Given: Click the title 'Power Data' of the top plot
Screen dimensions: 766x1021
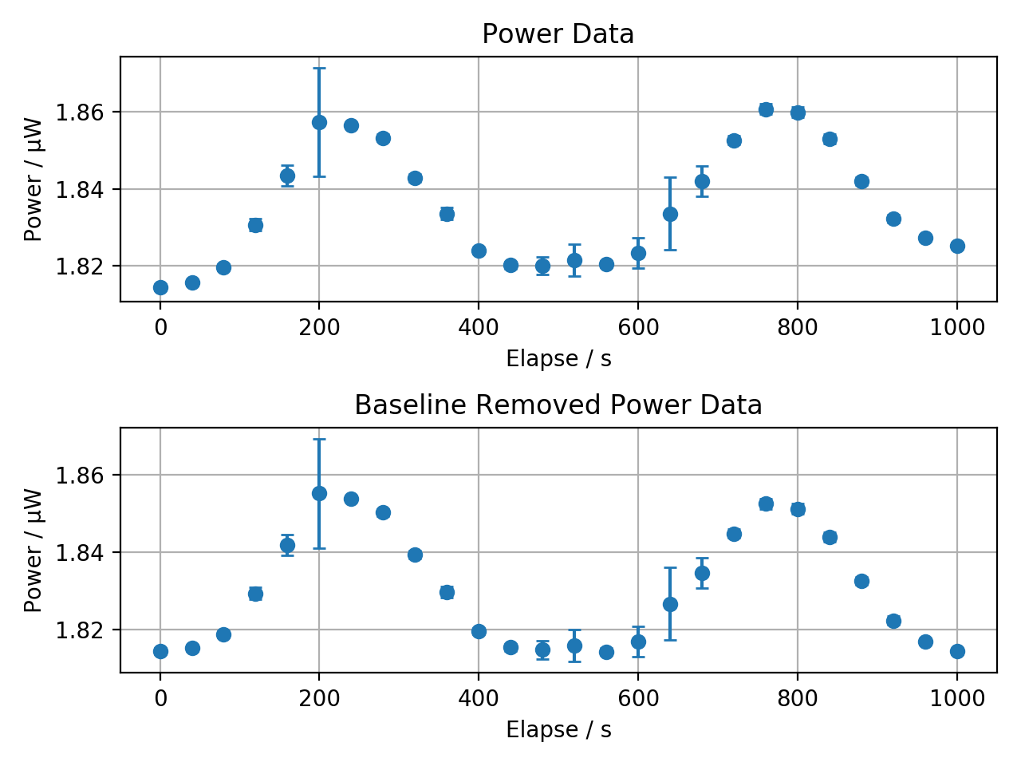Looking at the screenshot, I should [x=558, y=34].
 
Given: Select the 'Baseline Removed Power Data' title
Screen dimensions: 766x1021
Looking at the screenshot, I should [x=558, y=405].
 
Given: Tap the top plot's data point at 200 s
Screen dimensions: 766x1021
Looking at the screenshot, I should [x=319, y=122].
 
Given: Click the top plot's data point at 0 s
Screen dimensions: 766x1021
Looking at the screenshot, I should [x=160, y=287].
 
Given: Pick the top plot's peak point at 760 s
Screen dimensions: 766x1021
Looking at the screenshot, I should [x=766, y=109].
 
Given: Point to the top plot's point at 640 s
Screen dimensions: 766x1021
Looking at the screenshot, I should [x=670, y=214].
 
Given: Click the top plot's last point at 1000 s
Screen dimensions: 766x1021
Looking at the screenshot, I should [x=957, y=246].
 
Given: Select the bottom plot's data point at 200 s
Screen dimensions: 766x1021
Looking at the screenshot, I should [x=319, y=493].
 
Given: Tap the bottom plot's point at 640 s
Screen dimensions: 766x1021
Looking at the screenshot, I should [x=670, y=604].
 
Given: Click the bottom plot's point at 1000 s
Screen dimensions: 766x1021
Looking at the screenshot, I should [x=957, y=651].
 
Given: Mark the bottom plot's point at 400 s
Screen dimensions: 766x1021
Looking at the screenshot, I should [x=479, y=631].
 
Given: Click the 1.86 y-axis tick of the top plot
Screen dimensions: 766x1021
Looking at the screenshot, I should [x=80, y=113].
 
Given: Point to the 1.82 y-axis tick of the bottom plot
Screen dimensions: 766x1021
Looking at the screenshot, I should [x=80, y=630].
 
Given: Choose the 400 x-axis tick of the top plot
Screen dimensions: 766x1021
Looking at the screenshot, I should [x=479, y=327].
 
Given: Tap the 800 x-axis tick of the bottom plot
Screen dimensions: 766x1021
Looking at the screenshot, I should [x=798, y=698].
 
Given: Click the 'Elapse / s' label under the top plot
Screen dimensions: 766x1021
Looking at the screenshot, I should [x=558, y=359].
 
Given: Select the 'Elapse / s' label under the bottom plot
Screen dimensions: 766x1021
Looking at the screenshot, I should [x=558, y=730].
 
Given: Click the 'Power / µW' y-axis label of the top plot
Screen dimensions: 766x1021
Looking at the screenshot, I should [x=34, y=180].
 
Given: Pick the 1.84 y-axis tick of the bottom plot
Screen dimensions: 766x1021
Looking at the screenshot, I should [x=80, y=553].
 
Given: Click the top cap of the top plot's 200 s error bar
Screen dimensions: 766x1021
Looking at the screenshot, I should [x=319, y=69].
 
